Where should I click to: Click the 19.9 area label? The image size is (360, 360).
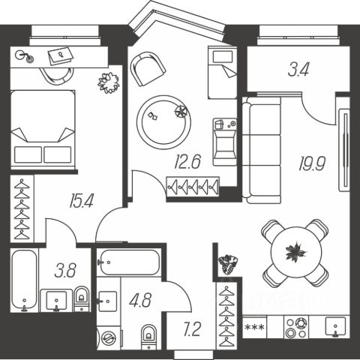coord(312,164)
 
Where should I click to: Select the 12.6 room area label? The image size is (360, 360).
coord(187,161)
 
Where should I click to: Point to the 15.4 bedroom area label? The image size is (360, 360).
coord(82,201)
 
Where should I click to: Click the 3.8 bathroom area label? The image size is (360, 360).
coord(65,271)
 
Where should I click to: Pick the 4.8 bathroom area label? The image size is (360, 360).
coord(140,300)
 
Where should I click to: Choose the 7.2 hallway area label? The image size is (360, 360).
coord(192,329)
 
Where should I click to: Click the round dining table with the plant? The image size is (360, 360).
coord(296,252)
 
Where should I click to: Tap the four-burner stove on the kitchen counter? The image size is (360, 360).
coord(296,327)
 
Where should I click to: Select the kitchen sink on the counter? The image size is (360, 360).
coord(335,327)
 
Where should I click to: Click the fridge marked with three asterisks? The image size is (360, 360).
coord(254,327)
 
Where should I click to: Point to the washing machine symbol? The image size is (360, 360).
coord(109,338)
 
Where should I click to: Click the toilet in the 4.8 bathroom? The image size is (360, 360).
coord(148,337)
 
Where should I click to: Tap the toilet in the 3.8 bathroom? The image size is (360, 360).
coord(82,298)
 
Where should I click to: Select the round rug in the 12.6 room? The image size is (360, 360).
coord(163,122)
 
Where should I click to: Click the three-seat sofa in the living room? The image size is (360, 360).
coord(262,150)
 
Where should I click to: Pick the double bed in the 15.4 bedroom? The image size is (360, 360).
coord(43,130)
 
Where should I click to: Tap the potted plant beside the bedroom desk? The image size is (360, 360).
coord(109,82)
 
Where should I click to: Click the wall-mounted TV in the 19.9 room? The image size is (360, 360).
coord(345,150)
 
